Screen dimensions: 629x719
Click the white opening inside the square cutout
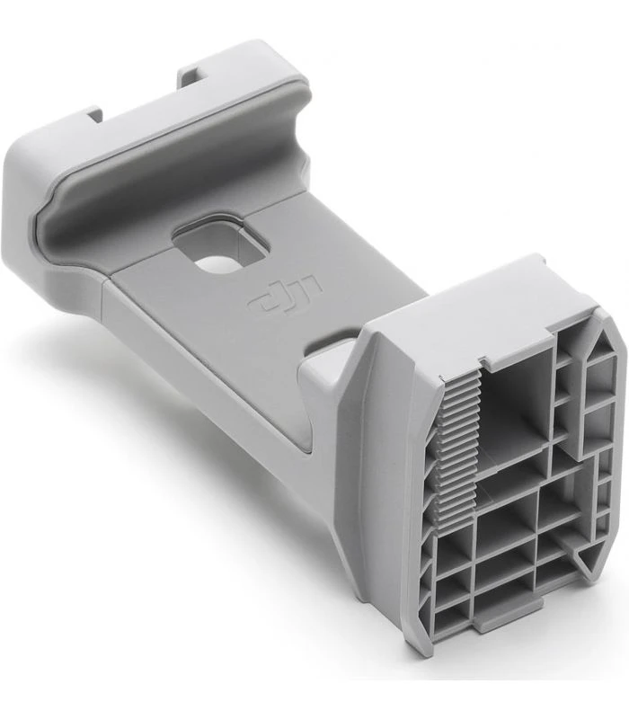pos(213,262)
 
